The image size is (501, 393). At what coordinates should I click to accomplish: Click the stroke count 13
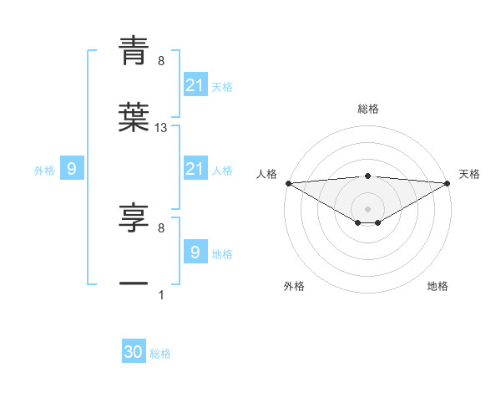click(x=161, y=128)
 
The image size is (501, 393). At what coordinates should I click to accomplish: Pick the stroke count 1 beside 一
click(x=161, y=295)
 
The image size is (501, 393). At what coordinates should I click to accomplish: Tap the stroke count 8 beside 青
click(x=161, y=61)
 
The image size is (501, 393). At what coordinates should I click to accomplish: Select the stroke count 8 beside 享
click(x=161, y=228)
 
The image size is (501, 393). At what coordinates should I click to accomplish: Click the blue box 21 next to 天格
click(x=195, y=85)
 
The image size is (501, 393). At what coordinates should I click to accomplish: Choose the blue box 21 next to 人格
click(x=195, y=169)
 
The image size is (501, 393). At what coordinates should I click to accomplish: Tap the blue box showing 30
click(x=134, y=353)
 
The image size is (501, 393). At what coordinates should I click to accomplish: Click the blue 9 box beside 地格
click(x=195, y=253)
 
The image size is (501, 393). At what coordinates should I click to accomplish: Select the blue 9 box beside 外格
click(x=72, y=170)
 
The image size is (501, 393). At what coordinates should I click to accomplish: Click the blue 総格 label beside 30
click(x=160, y=354)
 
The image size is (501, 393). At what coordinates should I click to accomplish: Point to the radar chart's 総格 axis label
click(x=367, y=109)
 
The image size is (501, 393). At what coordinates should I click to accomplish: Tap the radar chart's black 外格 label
click(x=294, y=286)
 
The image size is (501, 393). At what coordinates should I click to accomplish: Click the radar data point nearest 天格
click(x=448, y=183)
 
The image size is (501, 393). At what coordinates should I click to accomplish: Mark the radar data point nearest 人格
click(x=288, y=183)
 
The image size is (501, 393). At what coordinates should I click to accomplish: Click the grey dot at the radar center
click(x=367, y=208)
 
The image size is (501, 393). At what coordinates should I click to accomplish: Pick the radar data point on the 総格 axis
click(x=367, y=176)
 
